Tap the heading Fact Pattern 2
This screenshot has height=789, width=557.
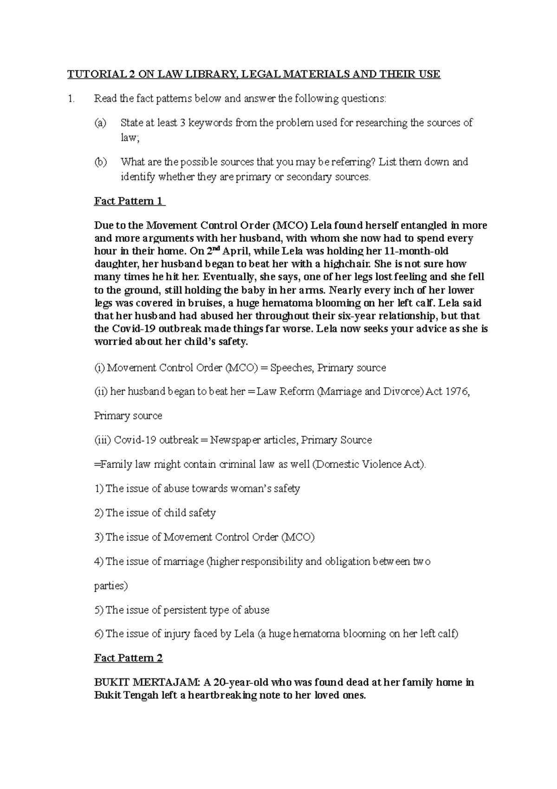click(128, 658)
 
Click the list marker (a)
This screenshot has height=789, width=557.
click(100, 123)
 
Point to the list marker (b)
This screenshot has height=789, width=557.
click(100, 162)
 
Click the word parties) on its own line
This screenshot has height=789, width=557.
click(110, 585)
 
